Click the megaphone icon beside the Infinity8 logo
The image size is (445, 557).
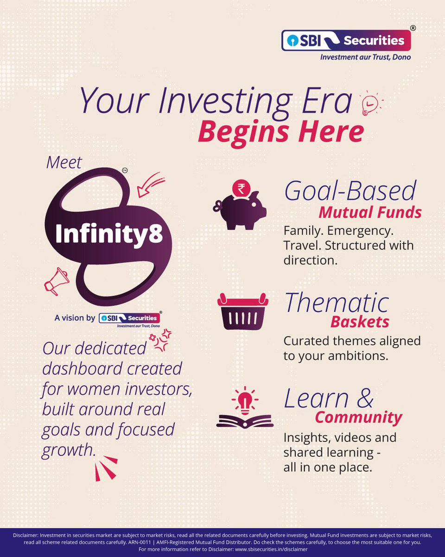(57, 280)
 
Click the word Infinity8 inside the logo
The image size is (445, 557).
(109, 234)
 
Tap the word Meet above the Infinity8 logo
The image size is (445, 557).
(64, 162)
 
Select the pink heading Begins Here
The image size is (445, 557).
(280, 132)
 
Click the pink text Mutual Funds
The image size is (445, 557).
(370, 213)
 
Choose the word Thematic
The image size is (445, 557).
(337, 303)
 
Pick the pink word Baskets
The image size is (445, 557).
(360, 322)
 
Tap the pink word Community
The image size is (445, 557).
(358, 417)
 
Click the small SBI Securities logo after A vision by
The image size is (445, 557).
(130, 319)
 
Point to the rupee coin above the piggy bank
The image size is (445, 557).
(241, 188)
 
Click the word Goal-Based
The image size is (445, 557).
(350, 191)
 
